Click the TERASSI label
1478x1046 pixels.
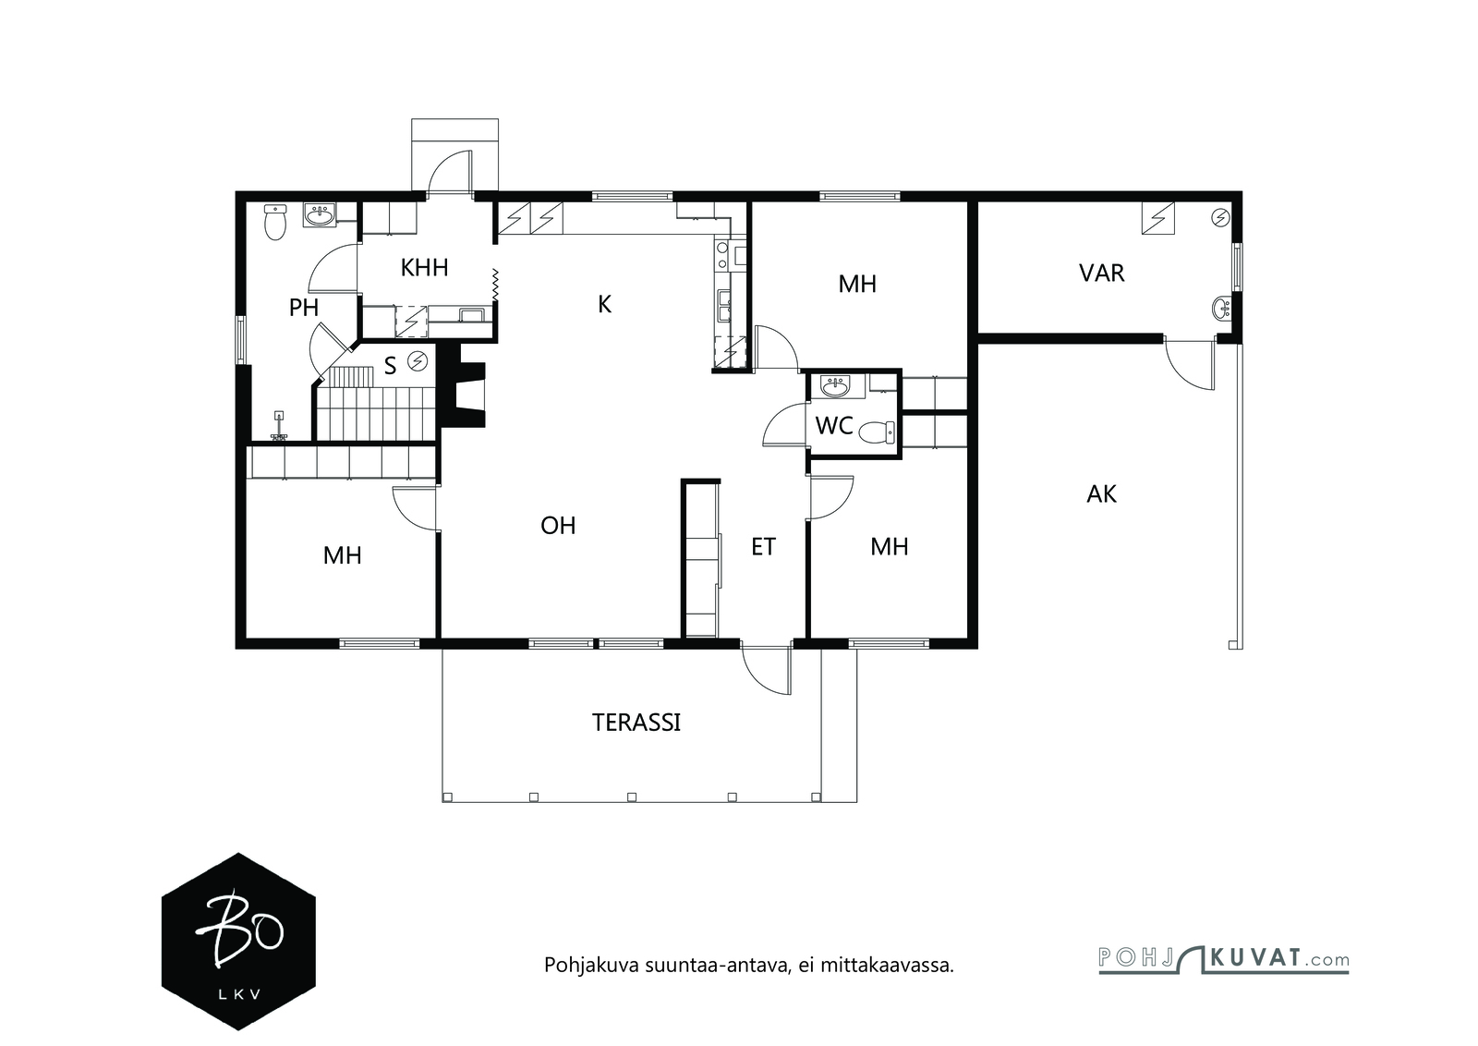[636, 723]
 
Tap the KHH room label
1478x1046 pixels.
[424, 268]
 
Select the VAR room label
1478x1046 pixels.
[1101, 274]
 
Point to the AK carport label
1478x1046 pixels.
[1101, 494]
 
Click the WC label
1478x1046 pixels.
[834, 426]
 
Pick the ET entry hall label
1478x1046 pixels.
[763, 547]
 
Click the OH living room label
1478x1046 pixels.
[558, 526]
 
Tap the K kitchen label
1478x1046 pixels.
[604, 304]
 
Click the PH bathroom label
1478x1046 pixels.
[304, 308]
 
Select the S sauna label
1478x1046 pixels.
[390, 366]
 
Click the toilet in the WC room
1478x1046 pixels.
[878, 432]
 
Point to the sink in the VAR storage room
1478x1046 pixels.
[1223, 308]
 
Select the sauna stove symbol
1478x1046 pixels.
[418, 361]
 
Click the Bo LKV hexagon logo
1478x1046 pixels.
[238, 942]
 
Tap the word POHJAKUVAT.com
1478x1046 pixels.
[1224, 960]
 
